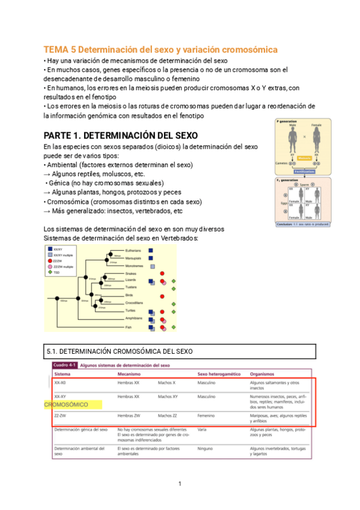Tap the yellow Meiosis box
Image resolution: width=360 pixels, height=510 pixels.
click(305, 158)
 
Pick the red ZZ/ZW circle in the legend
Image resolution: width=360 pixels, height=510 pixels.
click(49, 261)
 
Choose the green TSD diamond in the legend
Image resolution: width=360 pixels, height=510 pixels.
click(49, 273)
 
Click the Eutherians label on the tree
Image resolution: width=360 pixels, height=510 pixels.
click(133, 250)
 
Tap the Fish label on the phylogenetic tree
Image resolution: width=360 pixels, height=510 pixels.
click(128, 327)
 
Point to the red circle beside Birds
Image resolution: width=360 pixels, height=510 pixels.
click(162, 296)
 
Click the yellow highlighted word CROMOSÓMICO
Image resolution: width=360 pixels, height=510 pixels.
click(66, 405)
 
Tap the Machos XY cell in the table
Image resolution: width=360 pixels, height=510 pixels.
click(168, 397)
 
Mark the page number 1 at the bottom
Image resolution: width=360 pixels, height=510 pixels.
click(180, 484)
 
